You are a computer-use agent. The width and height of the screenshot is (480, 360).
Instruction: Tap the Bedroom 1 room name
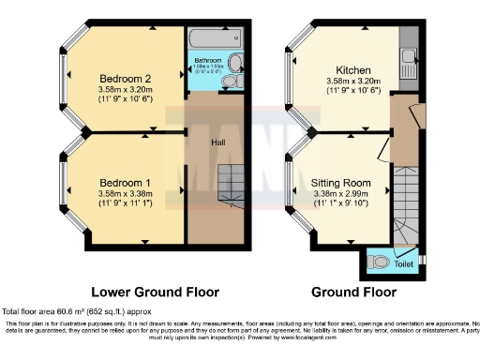[125, 181]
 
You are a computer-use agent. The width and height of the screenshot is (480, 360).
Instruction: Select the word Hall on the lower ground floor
[217, 142]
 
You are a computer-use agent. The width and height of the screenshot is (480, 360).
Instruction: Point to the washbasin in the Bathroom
[236, 64]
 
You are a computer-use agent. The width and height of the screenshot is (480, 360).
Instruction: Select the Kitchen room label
[354, 71]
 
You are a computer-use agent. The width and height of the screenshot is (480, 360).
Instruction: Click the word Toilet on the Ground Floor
[403, 265]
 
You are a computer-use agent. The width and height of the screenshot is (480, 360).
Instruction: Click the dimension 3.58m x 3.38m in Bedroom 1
[125, 193]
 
